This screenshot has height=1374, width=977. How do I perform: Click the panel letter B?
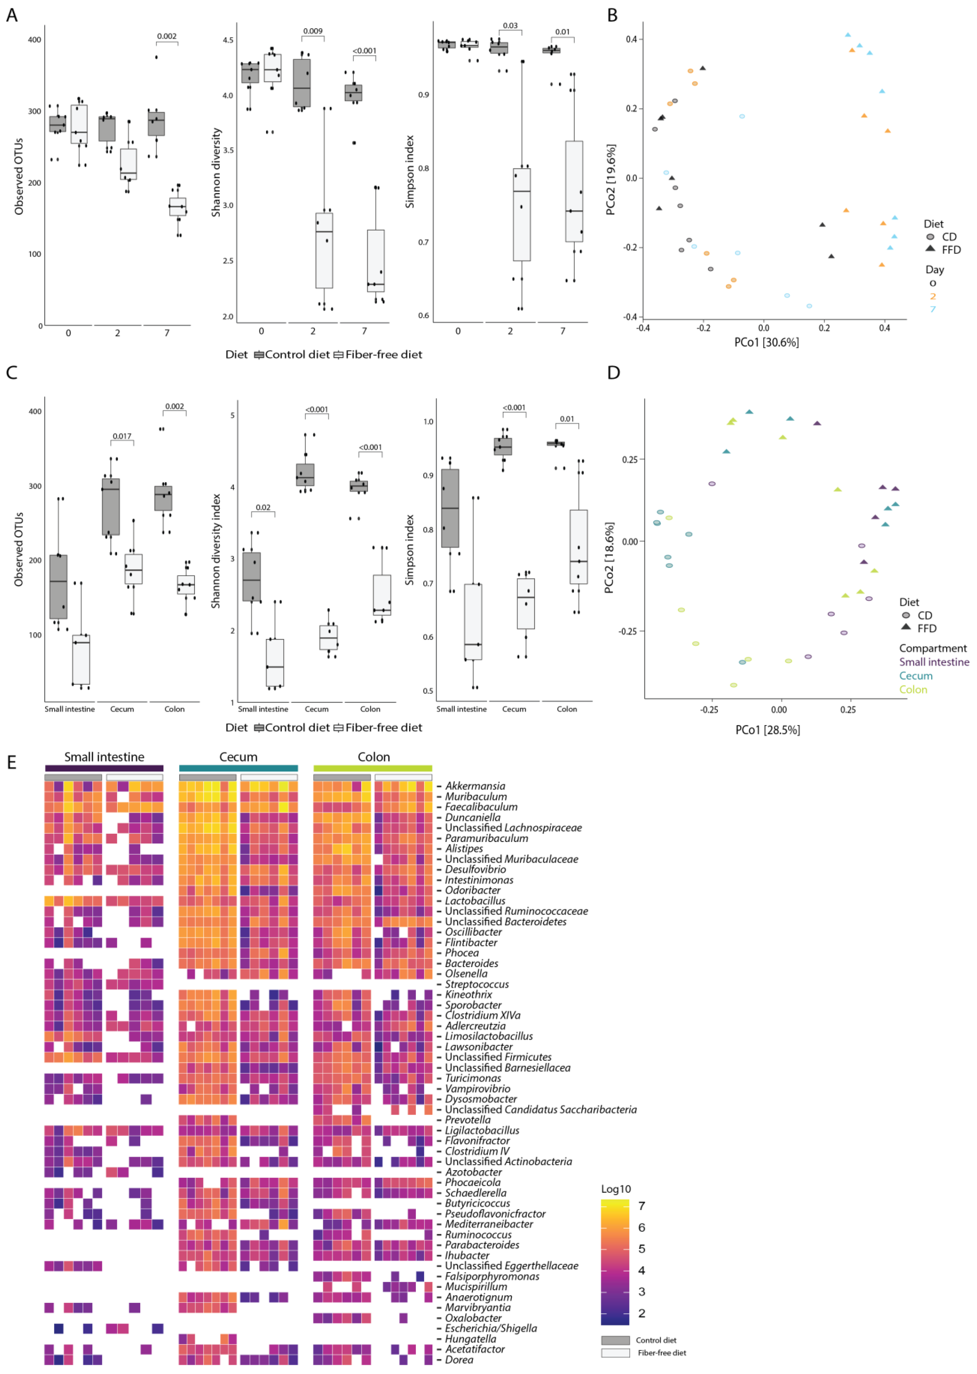[612, 16]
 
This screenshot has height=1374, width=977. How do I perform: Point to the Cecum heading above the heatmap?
[238, 757]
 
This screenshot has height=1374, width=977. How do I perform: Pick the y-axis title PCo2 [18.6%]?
[610, 558]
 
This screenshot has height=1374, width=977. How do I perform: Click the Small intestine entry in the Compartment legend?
[934, 662]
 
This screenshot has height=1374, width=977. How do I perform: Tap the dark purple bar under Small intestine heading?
[104, 768]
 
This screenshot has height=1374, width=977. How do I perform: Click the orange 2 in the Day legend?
[933, 296]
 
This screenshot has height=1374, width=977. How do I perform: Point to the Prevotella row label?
[468, 1119]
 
